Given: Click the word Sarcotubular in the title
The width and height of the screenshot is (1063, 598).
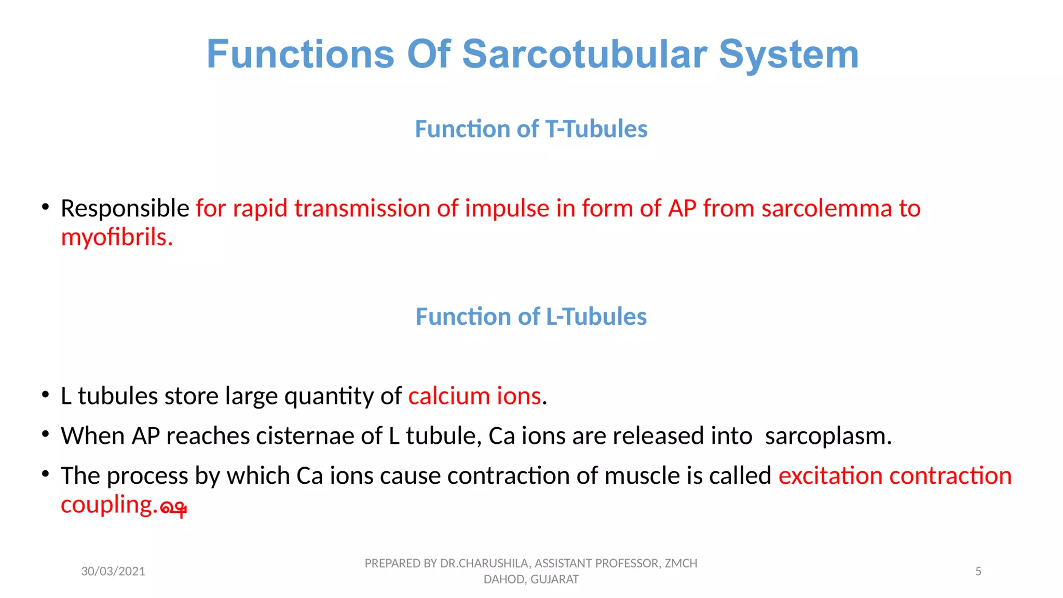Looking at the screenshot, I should pyautogui.click(x=584, y=54).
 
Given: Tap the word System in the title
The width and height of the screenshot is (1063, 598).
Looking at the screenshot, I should pyautogui.click(x=788, y=54).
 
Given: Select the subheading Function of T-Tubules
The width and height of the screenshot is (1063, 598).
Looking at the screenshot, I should pyautogui.click(x=531, y=129).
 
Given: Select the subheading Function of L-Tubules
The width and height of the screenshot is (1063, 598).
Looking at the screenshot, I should pyautogui.click(x=531, y=316).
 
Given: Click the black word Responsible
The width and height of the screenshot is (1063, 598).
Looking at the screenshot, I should pyautogui.click(x=125, y=209).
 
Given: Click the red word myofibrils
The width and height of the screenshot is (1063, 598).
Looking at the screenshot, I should pyautogui.click(x=116, y=238).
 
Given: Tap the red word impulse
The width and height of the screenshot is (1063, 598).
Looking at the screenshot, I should pyautogui.click(x=507, y=209).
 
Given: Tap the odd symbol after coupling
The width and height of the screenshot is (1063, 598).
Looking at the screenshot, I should pyautogui.click(x=173, y=508).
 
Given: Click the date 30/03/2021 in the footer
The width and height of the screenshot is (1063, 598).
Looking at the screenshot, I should pyautogui.click(x=113, y=571).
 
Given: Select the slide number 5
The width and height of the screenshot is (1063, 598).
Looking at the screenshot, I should pyautogui.click(x=978, y=571).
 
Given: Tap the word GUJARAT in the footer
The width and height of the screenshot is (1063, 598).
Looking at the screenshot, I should pyautogui.click(x=554, y=579).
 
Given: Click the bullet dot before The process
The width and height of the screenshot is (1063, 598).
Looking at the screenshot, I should pyautogui.click(x=46, y=474).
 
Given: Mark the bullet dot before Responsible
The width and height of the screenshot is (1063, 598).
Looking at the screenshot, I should pyautogui.click(x=46, y=207).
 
